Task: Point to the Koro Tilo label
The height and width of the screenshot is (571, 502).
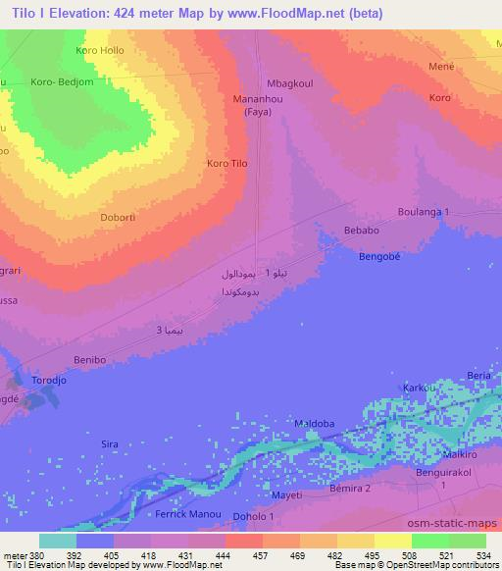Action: coord(227,164)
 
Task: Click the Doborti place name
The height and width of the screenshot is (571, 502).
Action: coord(120,218)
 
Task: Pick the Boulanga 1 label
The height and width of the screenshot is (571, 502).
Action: coord(424,213)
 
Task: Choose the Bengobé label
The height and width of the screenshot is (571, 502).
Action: coord(378,253)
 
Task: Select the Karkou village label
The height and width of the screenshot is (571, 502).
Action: coord(418,389)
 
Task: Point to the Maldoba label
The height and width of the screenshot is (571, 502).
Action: coord(314,424)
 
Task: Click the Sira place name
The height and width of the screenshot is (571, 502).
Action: coord(110,444)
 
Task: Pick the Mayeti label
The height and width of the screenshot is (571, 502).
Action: coord(286,495)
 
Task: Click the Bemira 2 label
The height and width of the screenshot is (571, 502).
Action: coord(350,488)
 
